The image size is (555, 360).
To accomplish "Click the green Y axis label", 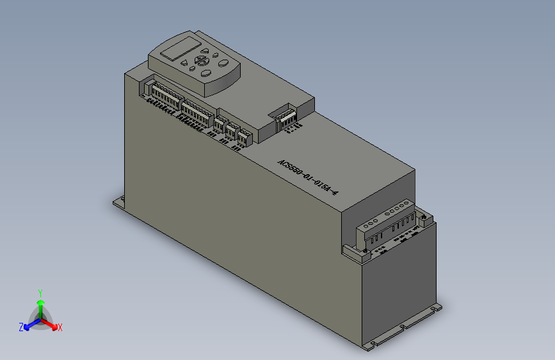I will [40, 291].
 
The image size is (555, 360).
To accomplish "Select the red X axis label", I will [60, 327].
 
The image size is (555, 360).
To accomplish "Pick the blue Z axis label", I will [21, 327].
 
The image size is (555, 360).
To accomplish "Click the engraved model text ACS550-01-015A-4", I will [307, 177].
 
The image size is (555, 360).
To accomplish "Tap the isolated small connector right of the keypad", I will [286, 117].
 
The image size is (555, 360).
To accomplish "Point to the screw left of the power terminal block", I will [351, 251].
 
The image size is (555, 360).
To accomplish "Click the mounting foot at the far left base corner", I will [118, 203].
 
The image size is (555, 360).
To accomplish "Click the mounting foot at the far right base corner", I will [437, 307].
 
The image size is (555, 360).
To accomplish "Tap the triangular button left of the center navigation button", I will [184, 63].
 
